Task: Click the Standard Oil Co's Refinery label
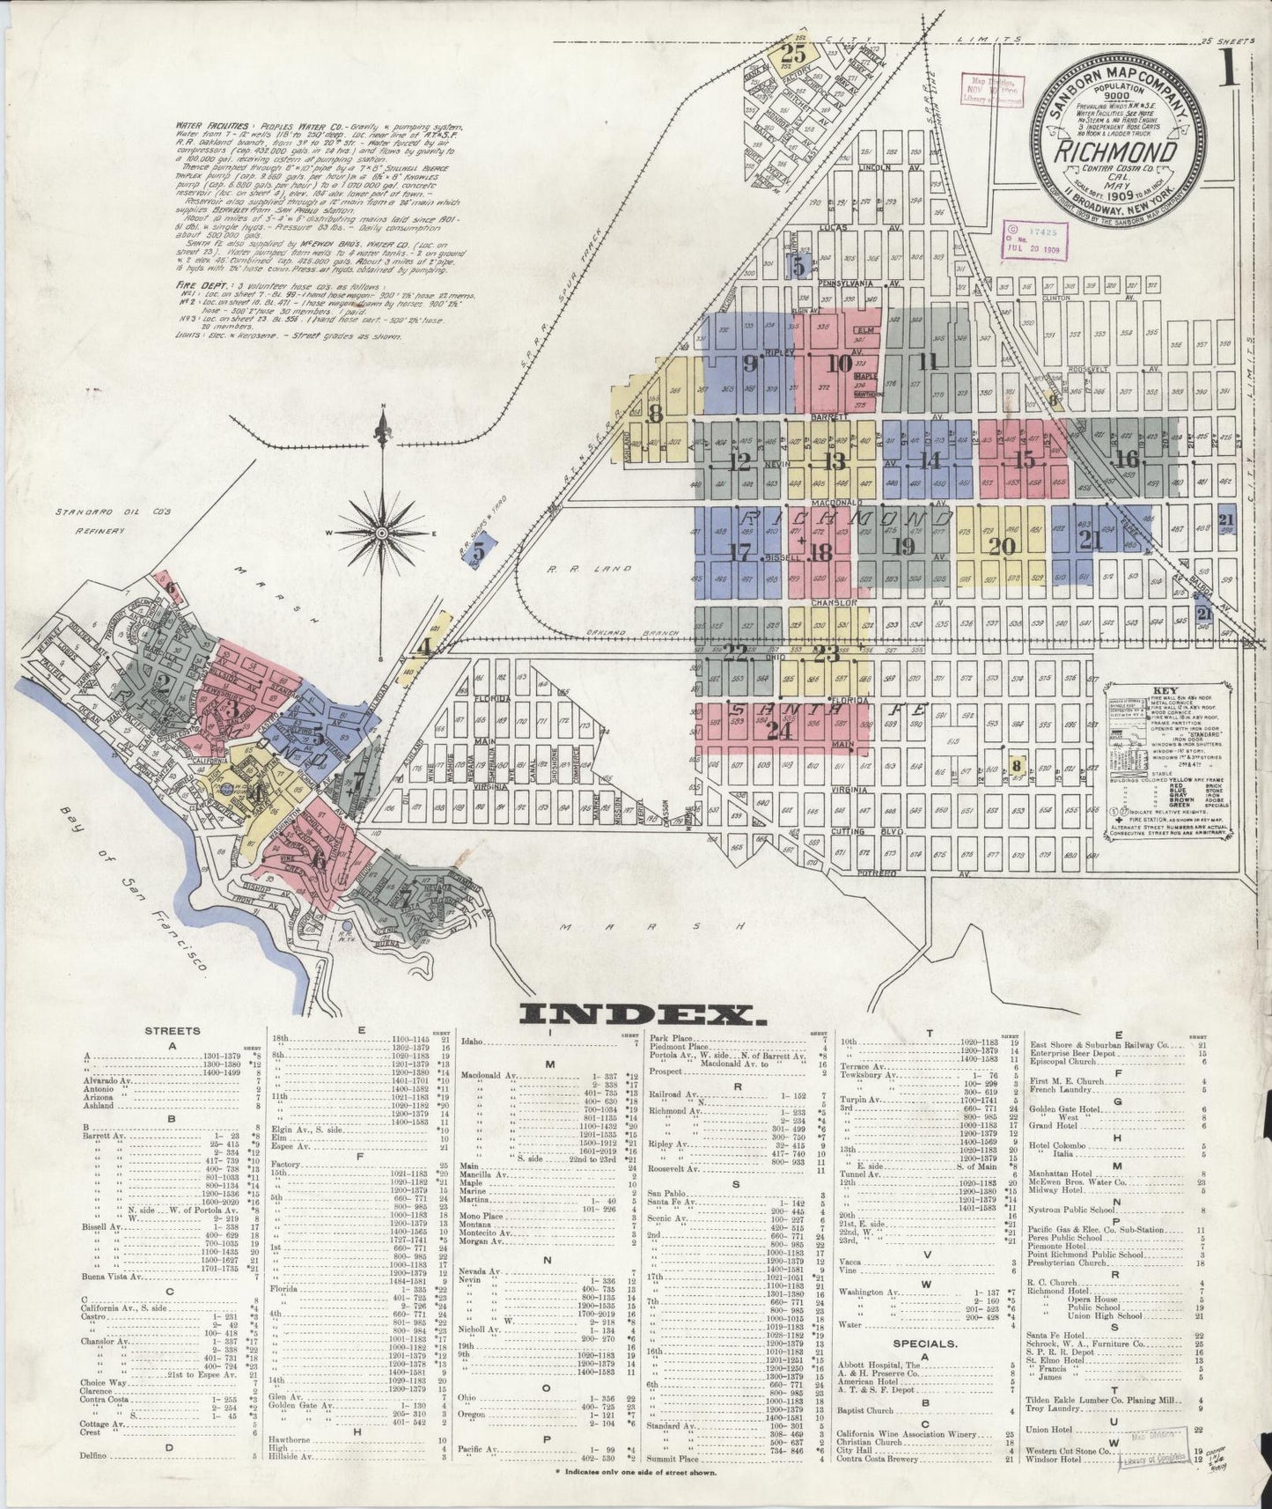(91, 520)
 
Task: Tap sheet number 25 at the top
(792, 54)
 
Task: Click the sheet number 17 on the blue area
(742, 553)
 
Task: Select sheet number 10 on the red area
(840, 363)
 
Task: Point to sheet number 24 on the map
(778, 730)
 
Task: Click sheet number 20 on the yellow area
(1002, 546)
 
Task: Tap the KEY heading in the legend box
(1144, 691)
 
